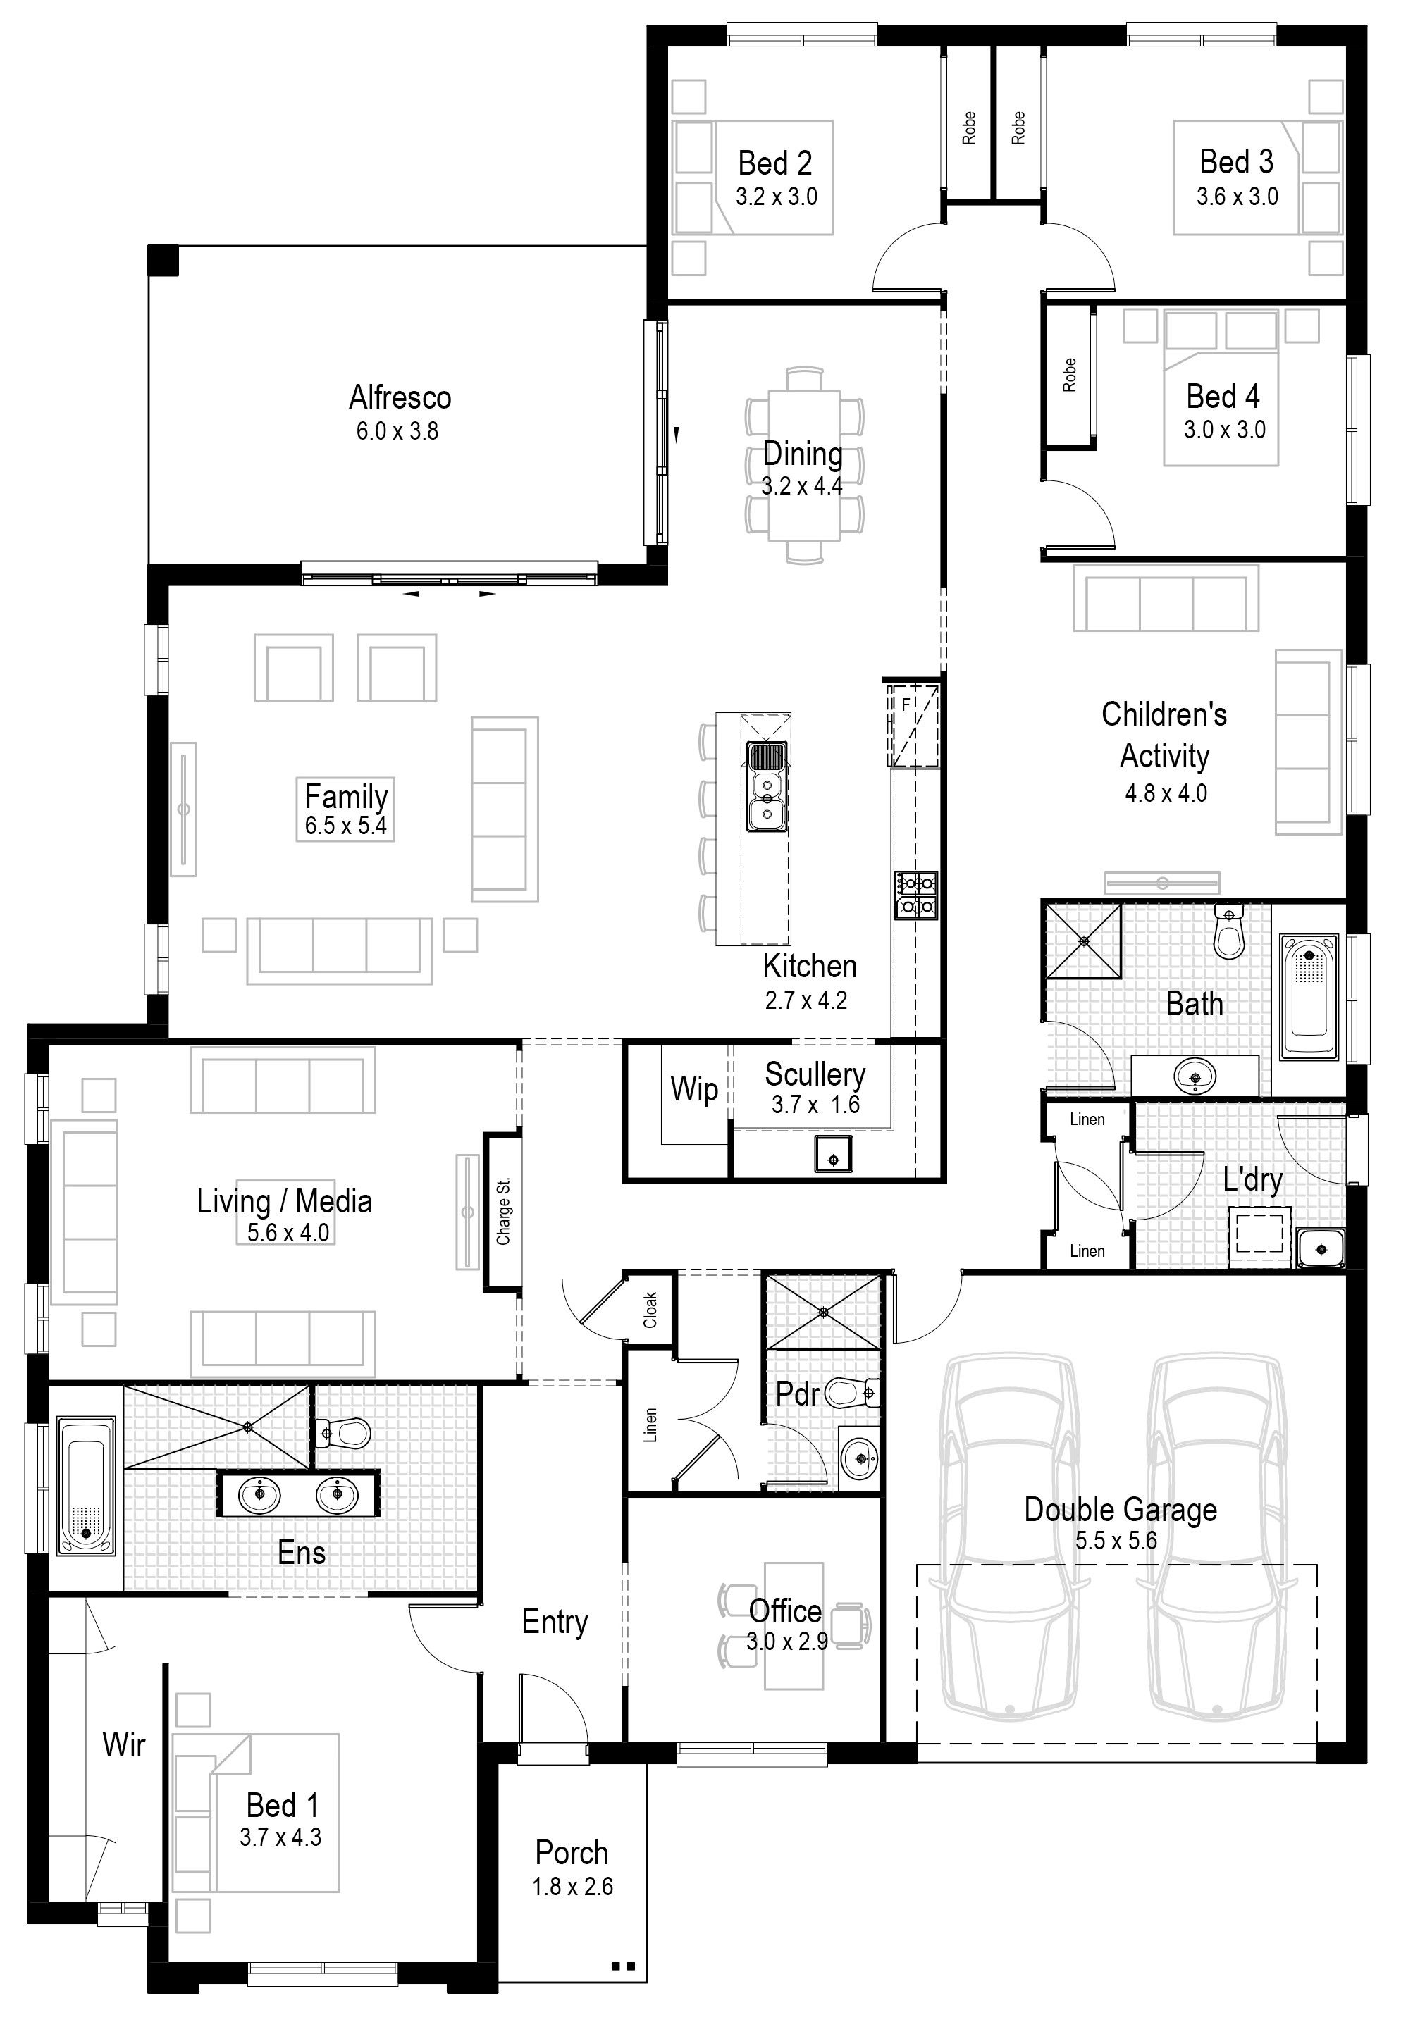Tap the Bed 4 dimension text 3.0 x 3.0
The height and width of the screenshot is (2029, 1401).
[x=1225, y=429]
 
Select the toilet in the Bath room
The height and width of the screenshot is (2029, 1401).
[x=1229, y=933]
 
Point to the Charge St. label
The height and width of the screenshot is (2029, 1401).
[x=503, y=1211]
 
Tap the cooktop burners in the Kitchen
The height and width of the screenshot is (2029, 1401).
[x=915, y=895]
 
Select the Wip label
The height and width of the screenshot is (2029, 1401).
[x=694, y=1088]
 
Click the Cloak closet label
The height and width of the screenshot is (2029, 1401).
[x=650, y=1310]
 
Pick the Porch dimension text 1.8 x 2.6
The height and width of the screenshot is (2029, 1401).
[x=572, y=1886]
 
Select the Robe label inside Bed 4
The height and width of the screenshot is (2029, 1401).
[x=1068, y=375]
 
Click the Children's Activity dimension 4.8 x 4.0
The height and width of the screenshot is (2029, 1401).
[x=1166, y=793]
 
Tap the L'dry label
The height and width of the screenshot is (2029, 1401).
[x=1252, y=1180]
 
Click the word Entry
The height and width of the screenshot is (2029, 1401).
[x=555, y=1622]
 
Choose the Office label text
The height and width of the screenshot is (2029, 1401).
[x=786, y=1611]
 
